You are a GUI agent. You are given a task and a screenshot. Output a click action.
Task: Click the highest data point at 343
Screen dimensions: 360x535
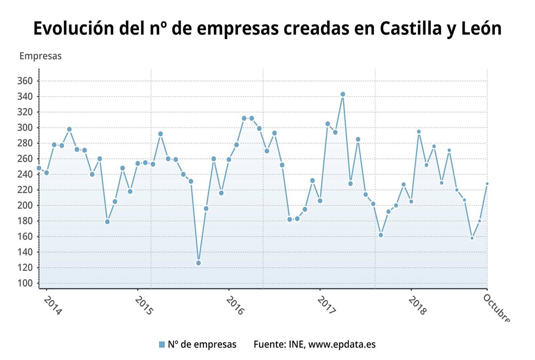point(343,94)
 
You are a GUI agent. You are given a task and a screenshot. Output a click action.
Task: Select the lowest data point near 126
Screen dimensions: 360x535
point(198,263)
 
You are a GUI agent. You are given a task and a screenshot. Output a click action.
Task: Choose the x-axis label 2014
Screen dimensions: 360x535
point(53,306)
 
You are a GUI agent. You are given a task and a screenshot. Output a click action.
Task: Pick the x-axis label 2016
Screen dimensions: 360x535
point(235,306)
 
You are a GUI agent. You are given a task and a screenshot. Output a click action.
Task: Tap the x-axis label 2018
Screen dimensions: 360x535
point(417,306)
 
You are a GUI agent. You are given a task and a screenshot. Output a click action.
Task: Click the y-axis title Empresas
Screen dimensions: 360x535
point(41,56)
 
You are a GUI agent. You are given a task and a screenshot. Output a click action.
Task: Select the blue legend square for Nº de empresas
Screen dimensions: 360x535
point(162,344)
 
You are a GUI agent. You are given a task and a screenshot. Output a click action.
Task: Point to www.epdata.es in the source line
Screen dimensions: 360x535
point(342,344)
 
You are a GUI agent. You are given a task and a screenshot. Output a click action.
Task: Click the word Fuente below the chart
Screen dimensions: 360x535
point(268,344)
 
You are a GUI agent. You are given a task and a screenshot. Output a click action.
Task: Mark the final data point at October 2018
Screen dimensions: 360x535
point(487,184)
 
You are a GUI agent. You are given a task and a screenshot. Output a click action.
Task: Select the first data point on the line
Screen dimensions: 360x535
point(39,168)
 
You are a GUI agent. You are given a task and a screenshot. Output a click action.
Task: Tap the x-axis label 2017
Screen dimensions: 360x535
point(326,306)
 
